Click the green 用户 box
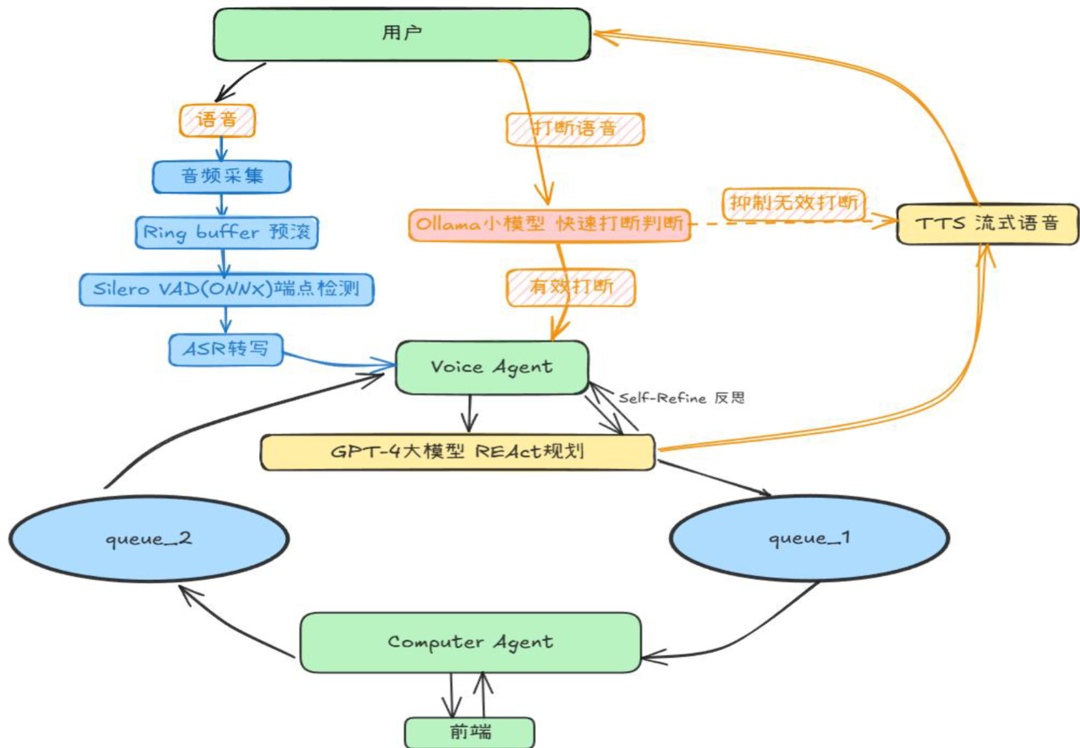click(x=402, y=34)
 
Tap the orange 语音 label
click(x=217, y=120)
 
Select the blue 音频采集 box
click(x=222, y=176)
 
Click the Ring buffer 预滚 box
click(x=226, y=232)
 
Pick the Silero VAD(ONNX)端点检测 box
click(x=226, y=289)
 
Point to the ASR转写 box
click(x=226, y=349)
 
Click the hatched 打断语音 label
click(x=575, y=129)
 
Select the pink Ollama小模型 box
click(x=549, y=225)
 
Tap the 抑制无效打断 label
click(x=794, y=203)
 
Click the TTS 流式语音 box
click(x=987, y=224)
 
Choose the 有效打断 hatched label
click(x=571, y=287)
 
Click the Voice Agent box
click(x=492, y=367)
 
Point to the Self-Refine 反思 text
click(x=681, y=398)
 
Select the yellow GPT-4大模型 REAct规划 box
click(x=457, y=452)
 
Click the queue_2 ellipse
click(x=149, y=538)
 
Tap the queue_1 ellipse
click(x=809, y=538)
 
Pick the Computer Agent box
click(x=470, y=642)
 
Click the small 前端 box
click(x=470, y=732)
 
